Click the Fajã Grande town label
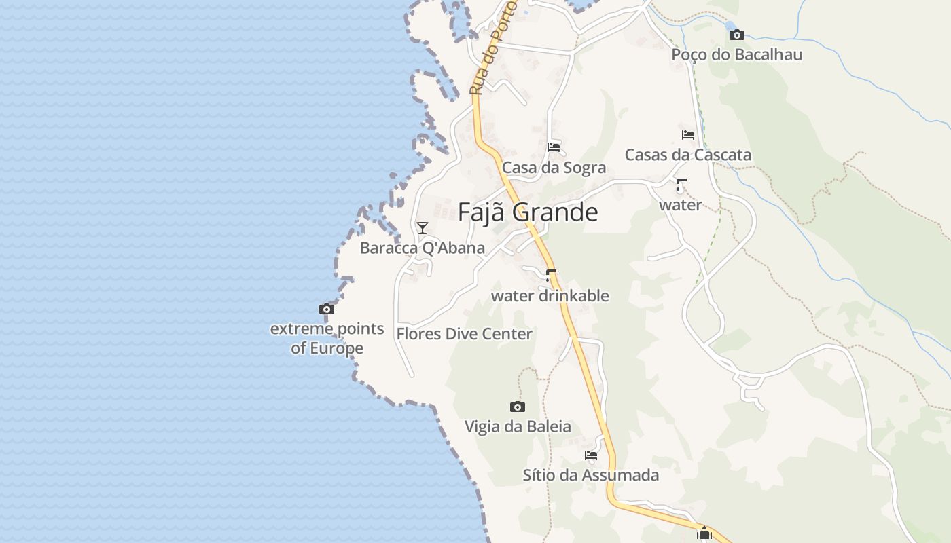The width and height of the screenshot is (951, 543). click(528, 212)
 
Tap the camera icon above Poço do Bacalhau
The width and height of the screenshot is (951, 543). click(736, 35)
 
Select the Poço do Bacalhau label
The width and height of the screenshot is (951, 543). click(736, 54)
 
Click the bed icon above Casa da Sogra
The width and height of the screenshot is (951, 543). click(554, 147)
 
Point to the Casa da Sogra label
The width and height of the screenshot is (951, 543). click(554, 168)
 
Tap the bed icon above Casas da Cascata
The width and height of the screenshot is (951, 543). click(687, 135)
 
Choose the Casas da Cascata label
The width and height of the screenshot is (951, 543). click(687, 155)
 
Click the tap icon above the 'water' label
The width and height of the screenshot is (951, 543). click(680, 185)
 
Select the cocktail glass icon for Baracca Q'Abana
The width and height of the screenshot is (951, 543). click(423, 227)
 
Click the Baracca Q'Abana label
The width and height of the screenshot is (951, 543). click(423, 248)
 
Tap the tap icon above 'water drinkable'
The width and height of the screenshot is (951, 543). click(550, 275)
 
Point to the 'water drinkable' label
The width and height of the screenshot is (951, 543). click(550, 296)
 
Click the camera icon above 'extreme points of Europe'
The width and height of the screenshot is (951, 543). click(327, 310)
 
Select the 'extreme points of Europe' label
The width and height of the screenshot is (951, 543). click(327, 338)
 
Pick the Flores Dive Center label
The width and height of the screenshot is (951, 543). click(464, 334)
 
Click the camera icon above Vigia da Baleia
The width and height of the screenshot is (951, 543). click(518, 407)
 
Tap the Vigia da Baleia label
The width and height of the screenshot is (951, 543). click(518, 426)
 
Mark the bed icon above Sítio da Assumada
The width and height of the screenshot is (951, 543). click(591, 455)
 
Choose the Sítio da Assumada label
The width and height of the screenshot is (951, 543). click(591, 475)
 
